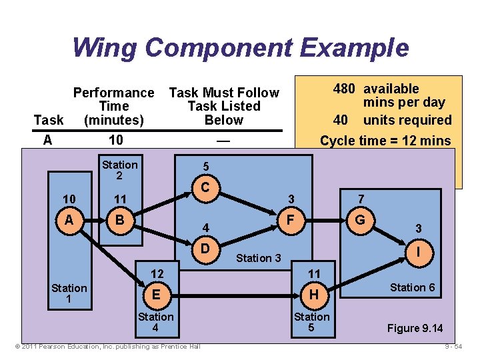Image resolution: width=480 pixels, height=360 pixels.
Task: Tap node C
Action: (x=207, y=189)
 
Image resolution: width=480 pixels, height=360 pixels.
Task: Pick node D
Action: (x=207, y=248)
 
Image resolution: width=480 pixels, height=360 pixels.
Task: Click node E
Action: (x=156, y=294)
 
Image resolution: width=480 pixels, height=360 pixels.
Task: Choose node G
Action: (x=361, y=219)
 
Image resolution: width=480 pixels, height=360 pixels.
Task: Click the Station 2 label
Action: (x=119, y=170)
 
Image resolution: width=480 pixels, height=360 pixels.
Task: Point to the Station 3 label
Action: (x=259, y=258)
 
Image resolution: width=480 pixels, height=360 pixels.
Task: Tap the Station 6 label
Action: (x=412, y=287)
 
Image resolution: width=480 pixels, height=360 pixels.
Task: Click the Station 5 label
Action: (x=311, y=323)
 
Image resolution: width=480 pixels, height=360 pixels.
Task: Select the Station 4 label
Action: (x=155, y=323)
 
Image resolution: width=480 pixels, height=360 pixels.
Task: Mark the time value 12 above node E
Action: (x=157, y=274)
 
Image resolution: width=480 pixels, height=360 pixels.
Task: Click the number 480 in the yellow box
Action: (x=344, y=89)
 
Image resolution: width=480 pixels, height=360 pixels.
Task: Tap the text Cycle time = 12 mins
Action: (x=385, y=141)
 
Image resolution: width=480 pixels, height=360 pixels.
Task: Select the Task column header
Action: (x=49, y=120)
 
